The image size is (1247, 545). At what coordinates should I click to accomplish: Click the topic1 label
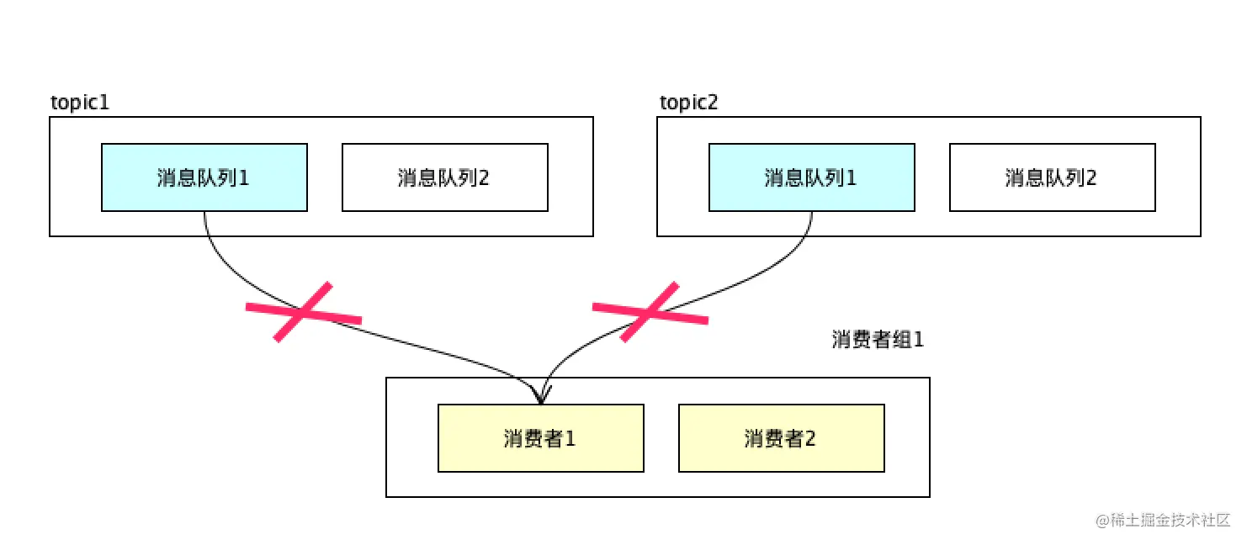[x=81, y=103]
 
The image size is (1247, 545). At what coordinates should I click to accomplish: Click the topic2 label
[x=688, y=103]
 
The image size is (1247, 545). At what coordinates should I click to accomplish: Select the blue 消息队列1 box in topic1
[x=204, y=177]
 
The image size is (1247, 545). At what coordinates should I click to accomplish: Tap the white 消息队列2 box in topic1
[x=444, y=177]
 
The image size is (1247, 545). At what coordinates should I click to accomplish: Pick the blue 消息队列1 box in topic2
[x=811, y=177]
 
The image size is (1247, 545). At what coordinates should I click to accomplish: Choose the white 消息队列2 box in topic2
[x=1052, y=177]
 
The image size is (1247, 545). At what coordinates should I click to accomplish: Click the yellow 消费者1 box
[x=540, y=438]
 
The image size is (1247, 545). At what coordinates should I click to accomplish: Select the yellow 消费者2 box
[x=781, y=438]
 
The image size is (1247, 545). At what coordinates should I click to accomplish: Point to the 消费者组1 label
[x=877, y=340]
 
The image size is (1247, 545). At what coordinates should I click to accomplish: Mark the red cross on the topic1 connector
[x=303, y=312]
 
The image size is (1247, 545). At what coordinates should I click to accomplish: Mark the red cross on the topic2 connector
[x=650, y=312]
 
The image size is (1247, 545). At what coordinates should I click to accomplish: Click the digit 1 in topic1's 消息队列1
[x=244, y=178]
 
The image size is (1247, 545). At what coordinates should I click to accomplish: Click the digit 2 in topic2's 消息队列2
[x=1091, y=178]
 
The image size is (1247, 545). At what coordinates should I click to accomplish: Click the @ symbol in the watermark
[x=1102, y=520]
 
